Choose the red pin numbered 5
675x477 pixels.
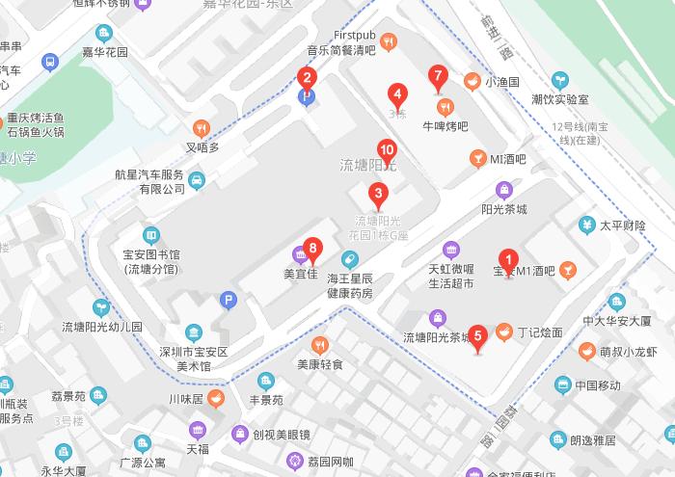point(478,336)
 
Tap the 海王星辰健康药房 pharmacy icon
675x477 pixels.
point(349,258)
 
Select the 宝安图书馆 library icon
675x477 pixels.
point(151,234)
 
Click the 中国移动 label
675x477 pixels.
point(598,385)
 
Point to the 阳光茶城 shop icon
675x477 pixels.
point(503,189)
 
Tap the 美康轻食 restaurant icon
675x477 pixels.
point(320,345)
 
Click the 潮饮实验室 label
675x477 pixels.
point(559,99)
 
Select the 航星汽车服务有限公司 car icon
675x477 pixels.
point(196,180)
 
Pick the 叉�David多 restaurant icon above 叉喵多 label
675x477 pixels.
point(202,127)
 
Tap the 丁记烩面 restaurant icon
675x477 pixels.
point(503,333)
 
